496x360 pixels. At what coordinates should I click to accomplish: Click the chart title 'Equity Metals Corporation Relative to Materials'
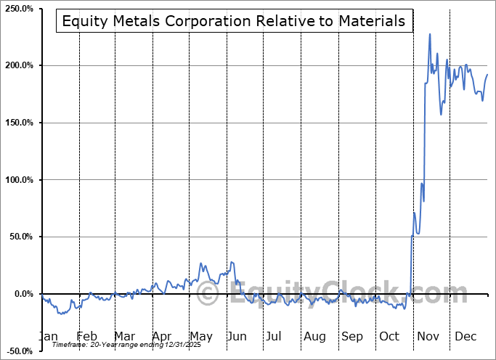click(x=234, y=21)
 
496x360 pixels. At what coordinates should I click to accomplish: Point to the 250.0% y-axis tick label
click(x=18, y=9)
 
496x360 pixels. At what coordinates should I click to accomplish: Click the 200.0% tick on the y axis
click(x=18, y=66)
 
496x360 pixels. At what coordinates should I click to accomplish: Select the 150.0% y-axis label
click(x=18, y=123)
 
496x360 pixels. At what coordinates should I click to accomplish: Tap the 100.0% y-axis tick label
click(x=18, y=180)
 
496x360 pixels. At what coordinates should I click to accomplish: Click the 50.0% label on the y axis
click(x=20, y=237)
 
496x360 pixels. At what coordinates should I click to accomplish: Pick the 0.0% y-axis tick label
click(x=23, y=294)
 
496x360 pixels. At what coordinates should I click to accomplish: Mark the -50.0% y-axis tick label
click(x=19, y=351)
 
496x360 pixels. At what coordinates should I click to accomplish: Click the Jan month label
click(x=48, y=337)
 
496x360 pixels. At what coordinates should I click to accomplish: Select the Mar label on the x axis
click(x=124, y=337)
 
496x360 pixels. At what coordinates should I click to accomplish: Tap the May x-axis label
click(x=200, y=337)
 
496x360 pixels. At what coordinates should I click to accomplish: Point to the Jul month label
click(x=274, y=337)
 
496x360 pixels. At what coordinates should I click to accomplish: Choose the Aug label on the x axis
click(x=315, y=337)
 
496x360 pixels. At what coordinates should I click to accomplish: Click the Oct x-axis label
click(x=389, y=337)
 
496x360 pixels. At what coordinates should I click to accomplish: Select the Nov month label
click(x=428, y=337)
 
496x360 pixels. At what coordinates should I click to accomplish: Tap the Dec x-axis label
click(x=465, y=337)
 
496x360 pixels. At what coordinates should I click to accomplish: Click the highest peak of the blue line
click(x=430, y=34)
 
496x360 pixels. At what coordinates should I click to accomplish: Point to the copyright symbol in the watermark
click(x=208, y=293)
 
